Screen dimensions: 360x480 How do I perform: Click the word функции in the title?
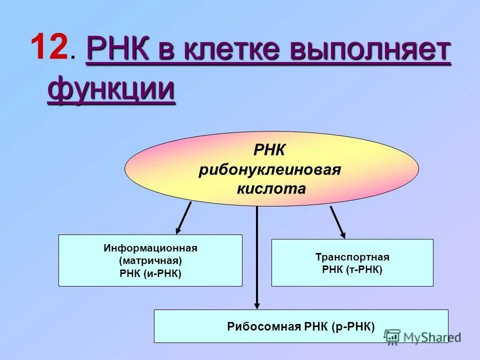point(111,90)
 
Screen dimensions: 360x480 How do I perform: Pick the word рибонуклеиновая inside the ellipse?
point(269,169)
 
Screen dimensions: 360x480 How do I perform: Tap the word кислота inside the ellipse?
point(270,188)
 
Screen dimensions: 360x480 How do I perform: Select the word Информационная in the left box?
point(150,248)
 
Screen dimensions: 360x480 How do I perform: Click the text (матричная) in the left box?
point(150,260)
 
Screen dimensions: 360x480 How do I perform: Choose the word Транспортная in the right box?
point(352,257)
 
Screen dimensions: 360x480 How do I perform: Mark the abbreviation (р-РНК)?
point(352,327)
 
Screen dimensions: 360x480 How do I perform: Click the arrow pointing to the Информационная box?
point(183,218)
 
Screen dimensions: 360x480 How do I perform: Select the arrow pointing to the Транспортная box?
point(337,221)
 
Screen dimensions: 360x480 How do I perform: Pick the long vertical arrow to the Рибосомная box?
point(257,257)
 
